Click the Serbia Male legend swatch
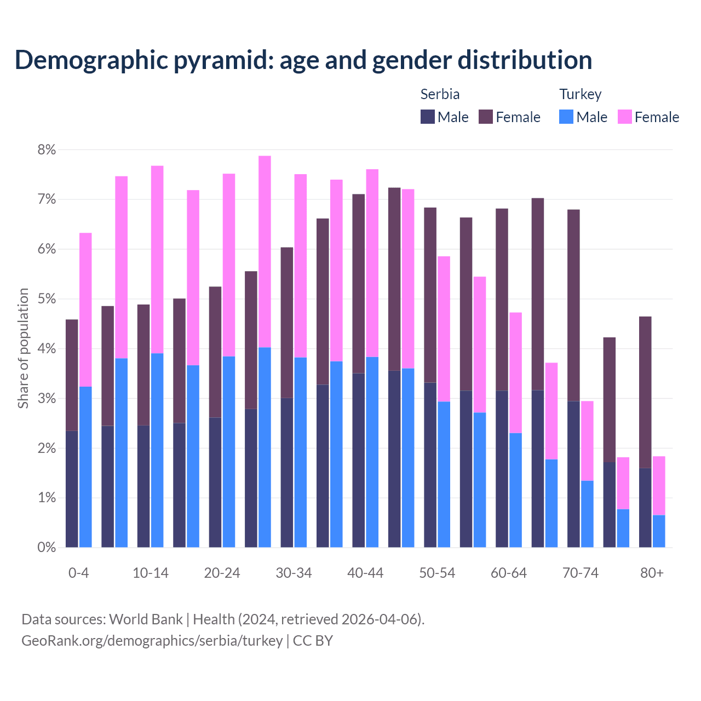427,117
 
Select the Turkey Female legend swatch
624,117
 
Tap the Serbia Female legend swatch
486,117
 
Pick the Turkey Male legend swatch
566,117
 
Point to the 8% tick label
47,150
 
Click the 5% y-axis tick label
47,299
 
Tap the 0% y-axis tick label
47,547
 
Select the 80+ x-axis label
652,573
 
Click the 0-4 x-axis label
78,573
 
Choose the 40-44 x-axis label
365,573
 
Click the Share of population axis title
23,348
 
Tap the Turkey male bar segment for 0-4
85,467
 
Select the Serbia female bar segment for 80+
645,392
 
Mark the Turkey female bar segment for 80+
659,485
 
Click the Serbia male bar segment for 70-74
573,474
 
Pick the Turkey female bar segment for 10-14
157,260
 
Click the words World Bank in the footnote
146,619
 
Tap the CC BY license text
313,641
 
